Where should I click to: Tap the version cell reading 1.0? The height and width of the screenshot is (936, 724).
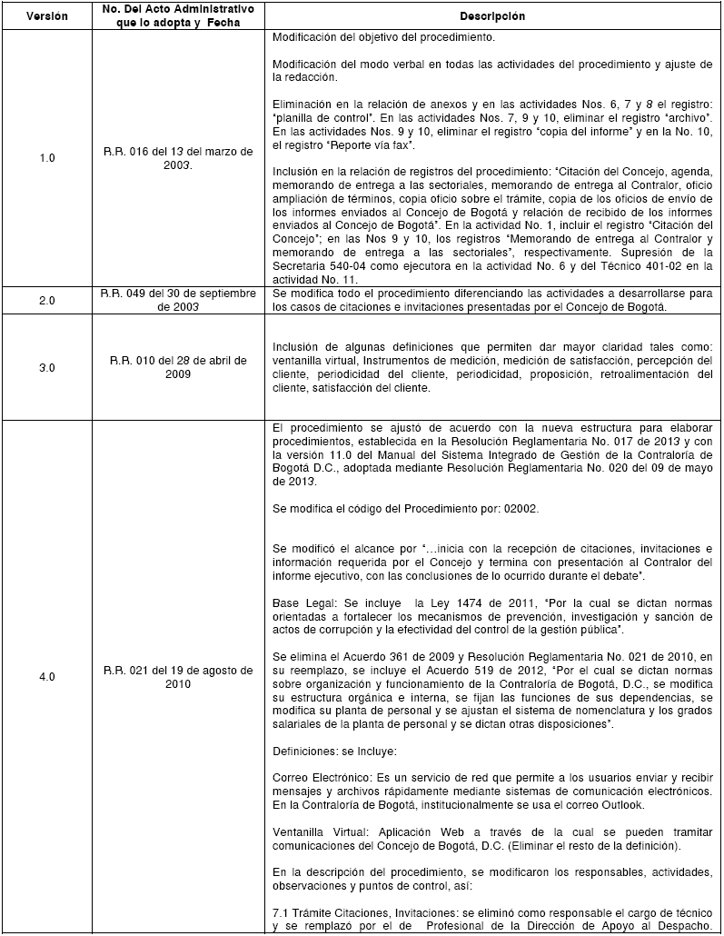46,157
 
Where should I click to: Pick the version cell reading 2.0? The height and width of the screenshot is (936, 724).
46,299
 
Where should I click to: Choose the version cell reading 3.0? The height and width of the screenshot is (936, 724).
46,366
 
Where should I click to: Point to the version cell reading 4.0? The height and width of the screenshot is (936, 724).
46,677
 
